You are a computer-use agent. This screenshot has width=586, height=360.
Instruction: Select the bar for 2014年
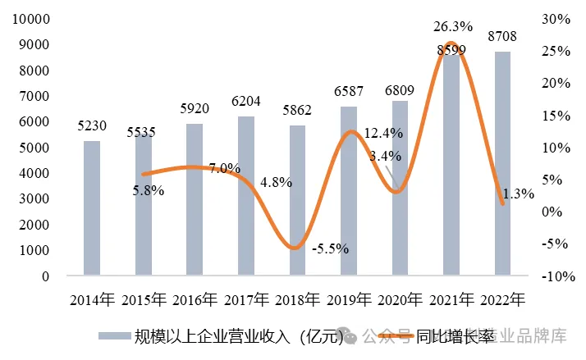[x=92, y=208]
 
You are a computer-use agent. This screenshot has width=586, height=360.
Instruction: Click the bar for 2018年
[x=297, y=200]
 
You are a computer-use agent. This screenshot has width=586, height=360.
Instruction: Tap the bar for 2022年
[x=502, y=163]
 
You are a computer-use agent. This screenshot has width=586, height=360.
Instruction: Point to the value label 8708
[x=502, y=37]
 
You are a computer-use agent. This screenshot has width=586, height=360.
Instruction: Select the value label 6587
[x=349, y=92]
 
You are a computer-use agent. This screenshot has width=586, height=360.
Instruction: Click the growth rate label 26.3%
[x=451, y=27]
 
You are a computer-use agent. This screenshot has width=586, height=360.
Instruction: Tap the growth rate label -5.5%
[x=331, y=248]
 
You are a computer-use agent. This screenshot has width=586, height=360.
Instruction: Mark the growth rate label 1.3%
[x=518, y=194]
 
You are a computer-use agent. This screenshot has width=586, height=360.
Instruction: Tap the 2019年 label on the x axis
[x=349, y=299]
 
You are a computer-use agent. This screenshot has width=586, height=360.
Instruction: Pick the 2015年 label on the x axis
[x=144, y=299]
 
